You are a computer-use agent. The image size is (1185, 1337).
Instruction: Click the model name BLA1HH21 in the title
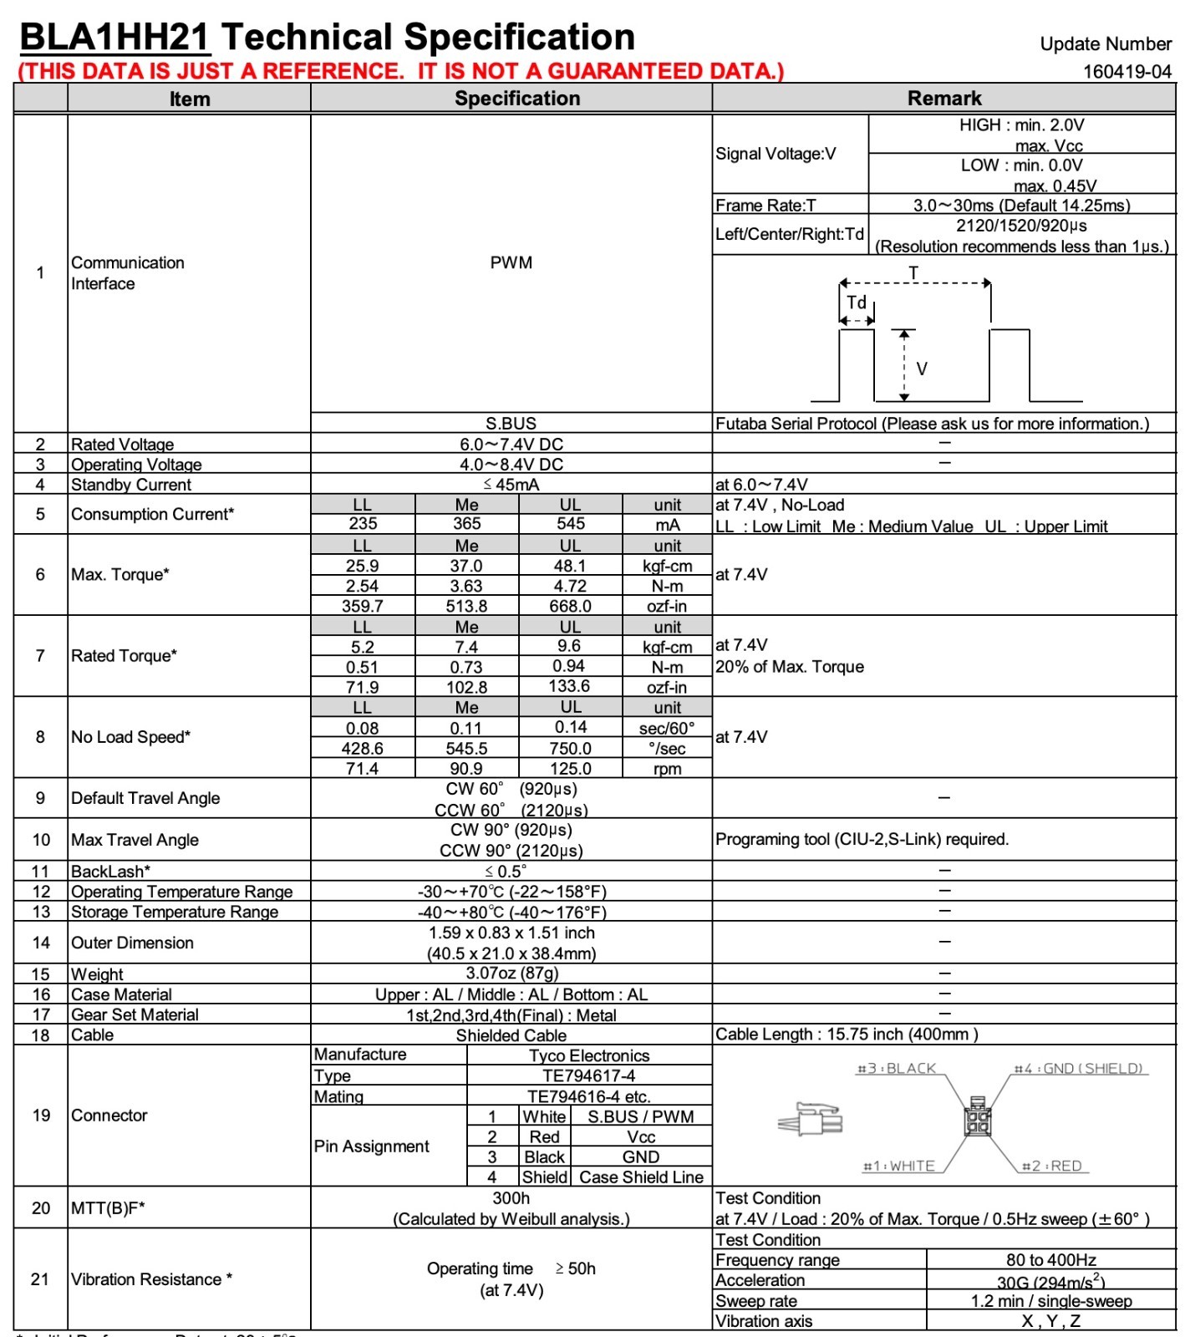point(114,38)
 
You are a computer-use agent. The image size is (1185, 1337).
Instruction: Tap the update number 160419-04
point(1127,72)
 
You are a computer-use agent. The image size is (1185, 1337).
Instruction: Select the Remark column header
point(944,99)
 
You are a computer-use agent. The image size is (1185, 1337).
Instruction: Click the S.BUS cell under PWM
point(511,424)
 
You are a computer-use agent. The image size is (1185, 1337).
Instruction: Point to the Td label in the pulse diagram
point(857,302)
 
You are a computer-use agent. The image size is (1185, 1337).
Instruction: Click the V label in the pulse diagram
point(922,369)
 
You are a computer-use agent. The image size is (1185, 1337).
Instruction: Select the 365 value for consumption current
point(466,524)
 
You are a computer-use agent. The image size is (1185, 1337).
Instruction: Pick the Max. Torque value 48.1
point(570,566)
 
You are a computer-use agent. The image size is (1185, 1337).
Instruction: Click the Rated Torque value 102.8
point(466,687)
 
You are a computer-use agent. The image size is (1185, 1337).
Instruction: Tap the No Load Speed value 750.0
point(570,749)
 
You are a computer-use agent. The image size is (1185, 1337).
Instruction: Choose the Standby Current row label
point(131,485)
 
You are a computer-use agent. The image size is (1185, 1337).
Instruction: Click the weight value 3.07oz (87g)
point(511,974)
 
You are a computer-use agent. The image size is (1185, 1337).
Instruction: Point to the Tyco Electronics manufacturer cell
point(589,1055)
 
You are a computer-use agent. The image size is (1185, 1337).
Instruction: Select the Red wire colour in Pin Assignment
point(544,1137)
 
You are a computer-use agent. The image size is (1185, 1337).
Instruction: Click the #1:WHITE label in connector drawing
point(898,1166)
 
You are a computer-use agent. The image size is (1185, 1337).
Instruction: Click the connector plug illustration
point(811,1120)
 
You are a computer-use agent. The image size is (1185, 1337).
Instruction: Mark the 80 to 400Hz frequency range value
point(1050,1260)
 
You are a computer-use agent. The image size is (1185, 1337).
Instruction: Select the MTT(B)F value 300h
point(511,1198)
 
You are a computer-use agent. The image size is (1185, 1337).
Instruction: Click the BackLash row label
point(110,872)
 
